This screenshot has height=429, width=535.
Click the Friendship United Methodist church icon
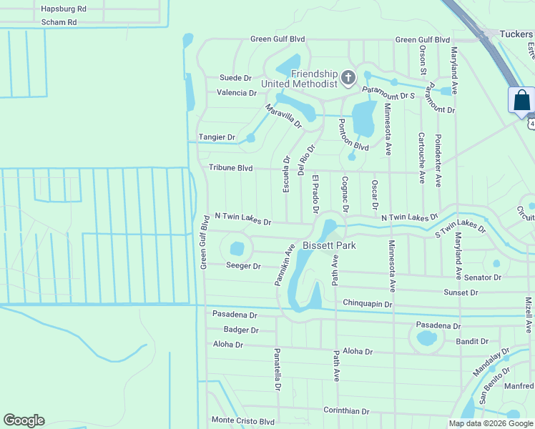pos(348,77)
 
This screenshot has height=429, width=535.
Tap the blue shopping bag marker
pos(522,100)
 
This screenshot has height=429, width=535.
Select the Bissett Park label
pos(329,245)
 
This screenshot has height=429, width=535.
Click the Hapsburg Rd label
pos(64,9)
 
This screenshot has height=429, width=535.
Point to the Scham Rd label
pos(59,22)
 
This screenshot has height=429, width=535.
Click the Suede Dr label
pos(235,78)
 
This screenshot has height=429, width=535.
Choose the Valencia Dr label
pos(237,93)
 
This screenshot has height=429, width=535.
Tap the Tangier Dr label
pos(217,137)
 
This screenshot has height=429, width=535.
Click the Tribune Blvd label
pos(231,168)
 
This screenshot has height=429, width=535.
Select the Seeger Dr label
pos(243,266)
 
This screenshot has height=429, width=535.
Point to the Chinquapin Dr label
pos(368,304)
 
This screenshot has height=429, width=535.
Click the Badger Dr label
pos(240,330)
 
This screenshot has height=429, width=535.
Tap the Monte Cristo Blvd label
pos(242,421)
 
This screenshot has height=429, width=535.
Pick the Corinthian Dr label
pos(346,411)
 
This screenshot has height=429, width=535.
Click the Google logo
pos(24,420)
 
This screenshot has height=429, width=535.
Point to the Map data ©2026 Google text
pos(491,423)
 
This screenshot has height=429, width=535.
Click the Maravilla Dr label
pos(283,116)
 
